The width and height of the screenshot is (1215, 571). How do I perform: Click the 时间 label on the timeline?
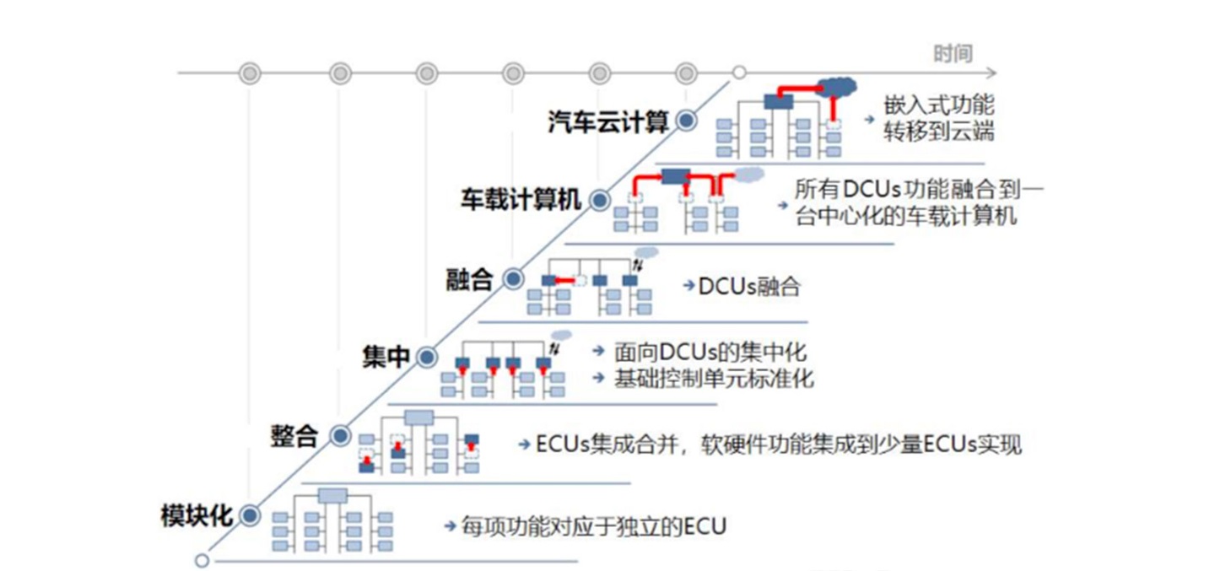[953, 54]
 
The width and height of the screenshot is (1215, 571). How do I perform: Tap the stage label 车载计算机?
[521, 200]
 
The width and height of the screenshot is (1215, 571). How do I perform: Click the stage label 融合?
[469, 279]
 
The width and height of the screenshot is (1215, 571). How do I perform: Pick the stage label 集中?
[386, 357]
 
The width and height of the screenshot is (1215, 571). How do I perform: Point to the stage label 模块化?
[197, 515]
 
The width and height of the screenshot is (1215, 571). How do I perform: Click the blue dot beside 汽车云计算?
[687, 121]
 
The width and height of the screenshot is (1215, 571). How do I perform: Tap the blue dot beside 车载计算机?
[599, 200]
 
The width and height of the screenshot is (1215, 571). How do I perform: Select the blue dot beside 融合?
[512, 279]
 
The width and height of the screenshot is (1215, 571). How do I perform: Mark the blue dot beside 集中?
[427, 357]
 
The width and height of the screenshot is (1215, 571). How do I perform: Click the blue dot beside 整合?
[339, 436]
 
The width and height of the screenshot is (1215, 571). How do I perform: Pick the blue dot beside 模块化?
[250, 515]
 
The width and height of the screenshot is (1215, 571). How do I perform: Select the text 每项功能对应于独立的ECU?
[593, 527]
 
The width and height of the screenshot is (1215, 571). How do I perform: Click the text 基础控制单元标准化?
[714, 378]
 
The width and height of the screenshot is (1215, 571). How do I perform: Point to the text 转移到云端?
[938, 132]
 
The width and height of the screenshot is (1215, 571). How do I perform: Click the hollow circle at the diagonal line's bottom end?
[202, 560]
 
